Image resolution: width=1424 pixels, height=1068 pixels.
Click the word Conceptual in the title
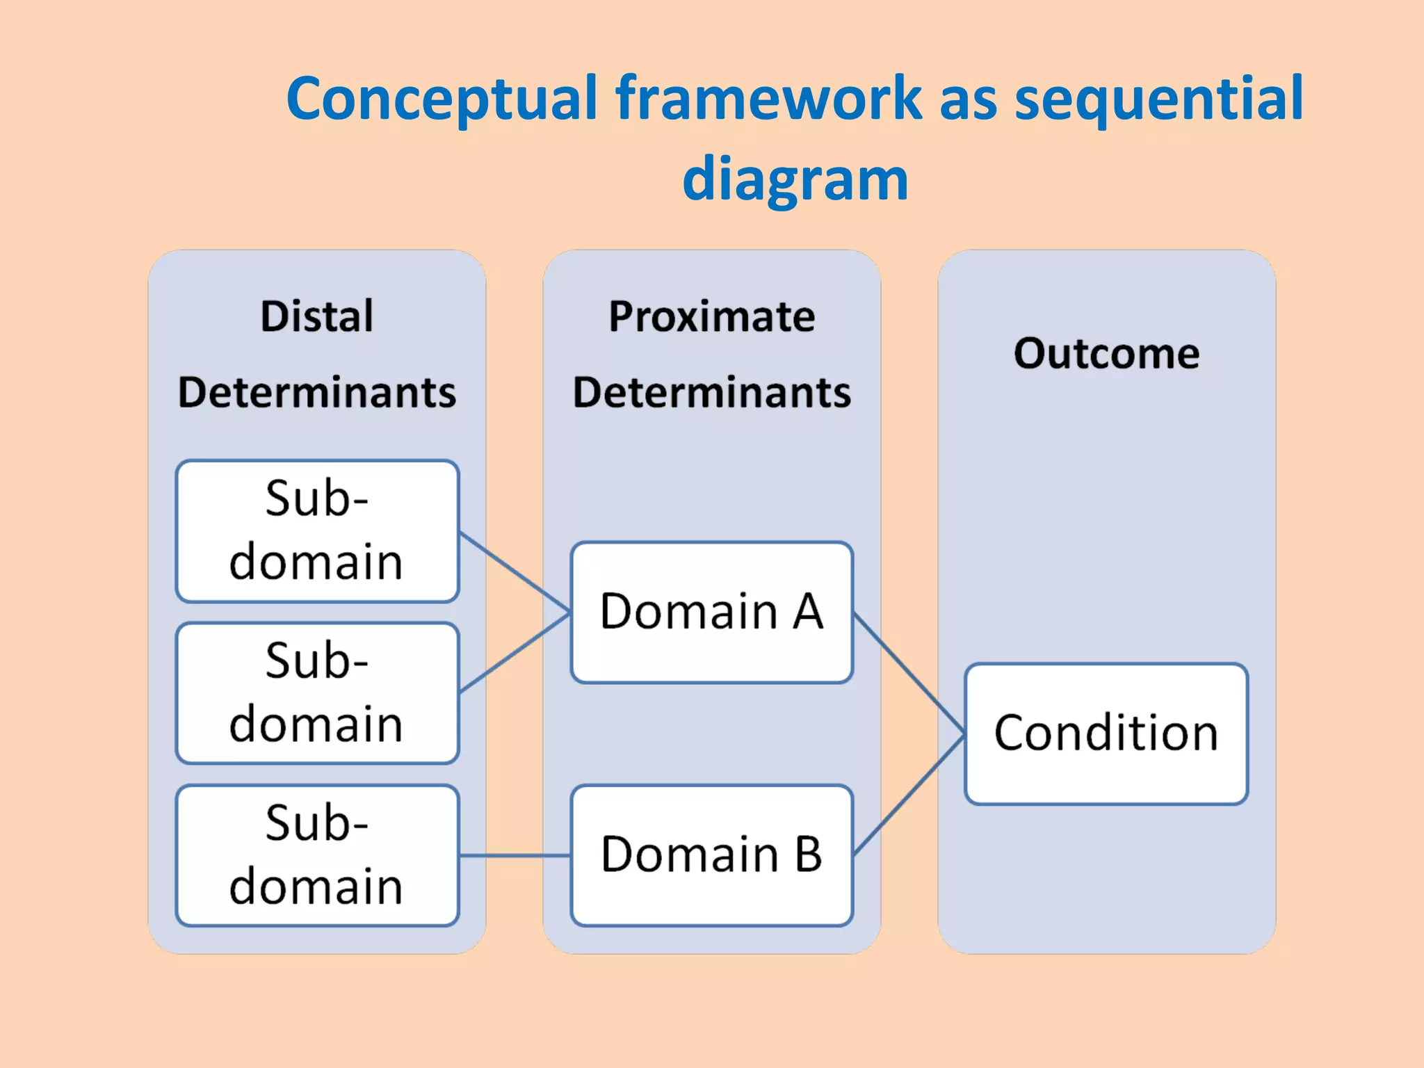point(442,99)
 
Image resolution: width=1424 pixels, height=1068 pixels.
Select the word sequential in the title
point(1158,99)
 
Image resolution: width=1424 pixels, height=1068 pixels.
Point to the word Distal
point(317,316)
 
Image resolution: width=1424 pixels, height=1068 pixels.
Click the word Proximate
point(712,316)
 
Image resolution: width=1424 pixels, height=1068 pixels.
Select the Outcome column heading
point(1106,353)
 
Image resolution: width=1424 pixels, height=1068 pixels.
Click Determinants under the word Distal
point(317,392)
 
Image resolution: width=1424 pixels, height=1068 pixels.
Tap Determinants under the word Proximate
point(712,392)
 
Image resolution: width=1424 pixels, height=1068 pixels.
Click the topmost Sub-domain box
point(317,531)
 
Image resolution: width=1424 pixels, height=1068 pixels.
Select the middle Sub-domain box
point(317,693)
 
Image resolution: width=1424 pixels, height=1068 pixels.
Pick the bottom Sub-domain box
point(317,855)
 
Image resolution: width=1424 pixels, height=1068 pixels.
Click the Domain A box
point(712,612)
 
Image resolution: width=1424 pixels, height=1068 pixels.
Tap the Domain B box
point(712,855)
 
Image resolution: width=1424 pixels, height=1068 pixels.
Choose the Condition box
point(1106,734)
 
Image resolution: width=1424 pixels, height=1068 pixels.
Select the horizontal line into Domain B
point(515,855)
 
